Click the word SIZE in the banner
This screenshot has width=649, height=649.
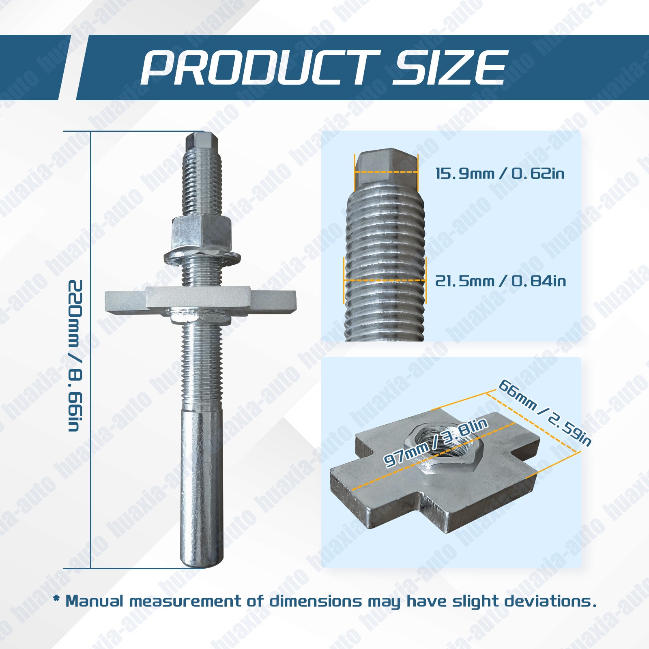pos(449,68)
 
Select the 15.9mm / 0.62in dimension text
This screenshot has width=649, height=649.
pos(500,174)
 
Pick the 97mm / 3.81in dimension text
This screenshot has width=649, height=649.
pos(436,442)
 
